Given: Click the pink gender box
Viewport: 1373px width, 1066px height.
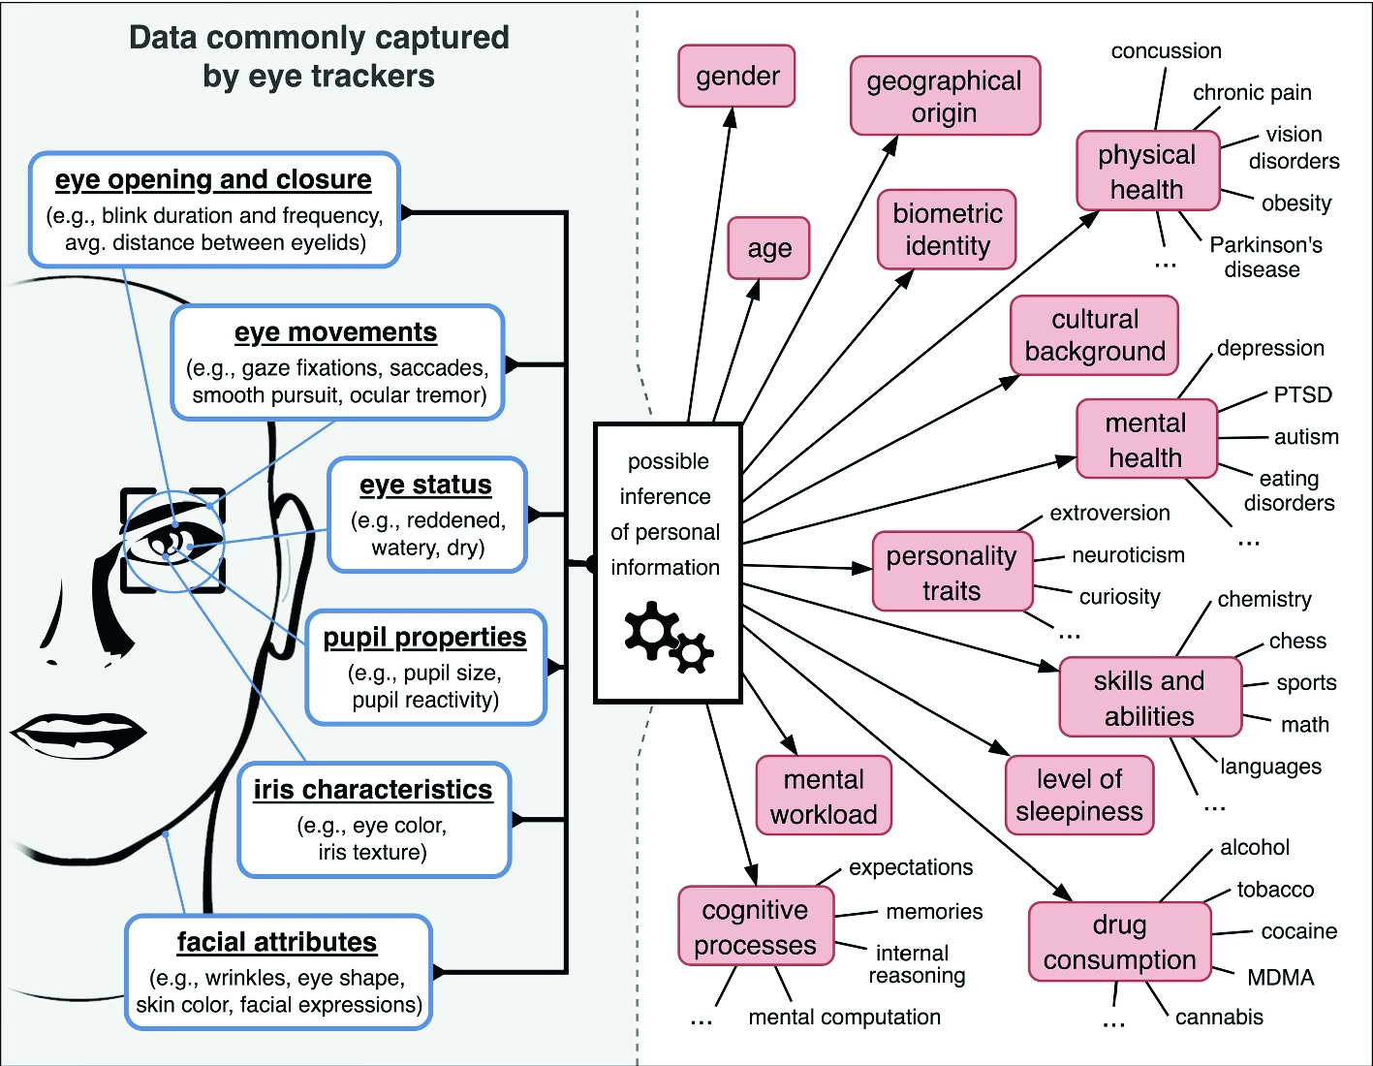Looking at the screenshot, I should point(736,76).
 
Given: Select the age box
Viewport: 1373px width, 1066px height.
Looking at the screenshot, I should point(768,248).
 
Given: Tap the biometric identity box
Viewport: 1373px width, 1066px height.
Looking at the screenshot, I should point(947,230).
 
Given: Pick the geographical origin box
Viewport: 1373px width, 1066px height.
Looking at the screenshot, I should point(945,96).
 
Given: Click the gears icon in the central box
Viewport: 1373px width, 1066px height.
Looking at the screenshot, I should point(668,637).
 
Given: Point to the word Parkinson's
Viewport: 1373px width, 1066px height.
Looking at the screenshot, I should point(1265,244).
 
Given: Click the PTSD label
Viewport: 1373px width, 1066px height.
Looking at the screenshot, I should point(1302,394).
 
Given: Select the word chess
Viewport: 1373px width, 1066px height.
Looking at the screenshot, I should point(1297,641).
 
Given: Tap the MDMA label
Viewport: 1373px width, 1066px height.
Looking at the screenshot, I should point(1280,977).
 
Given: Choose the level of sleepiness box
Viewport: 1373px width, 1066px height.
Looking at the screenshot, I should point(1079,795).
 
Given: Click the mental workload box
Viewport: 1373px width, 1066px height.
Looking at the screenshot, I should point(824,796).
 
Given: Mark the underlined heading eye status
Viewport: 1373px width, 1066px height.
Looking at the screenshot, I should point(425,485).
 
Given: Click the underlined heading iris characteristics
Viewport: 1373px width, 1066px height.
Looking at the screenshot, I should point(373,790).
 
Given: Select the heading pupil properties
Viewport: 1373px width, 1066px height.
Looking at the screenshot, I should point(424,637).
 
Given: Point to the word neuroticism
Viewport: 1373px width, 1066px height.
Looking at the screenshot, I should point(1128,554).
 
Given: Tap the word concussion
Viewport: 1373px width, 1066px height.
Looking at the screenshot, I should point(1166,50).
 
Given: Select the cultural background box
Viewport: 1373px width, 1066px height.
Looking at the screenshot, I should point(1095,335).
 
